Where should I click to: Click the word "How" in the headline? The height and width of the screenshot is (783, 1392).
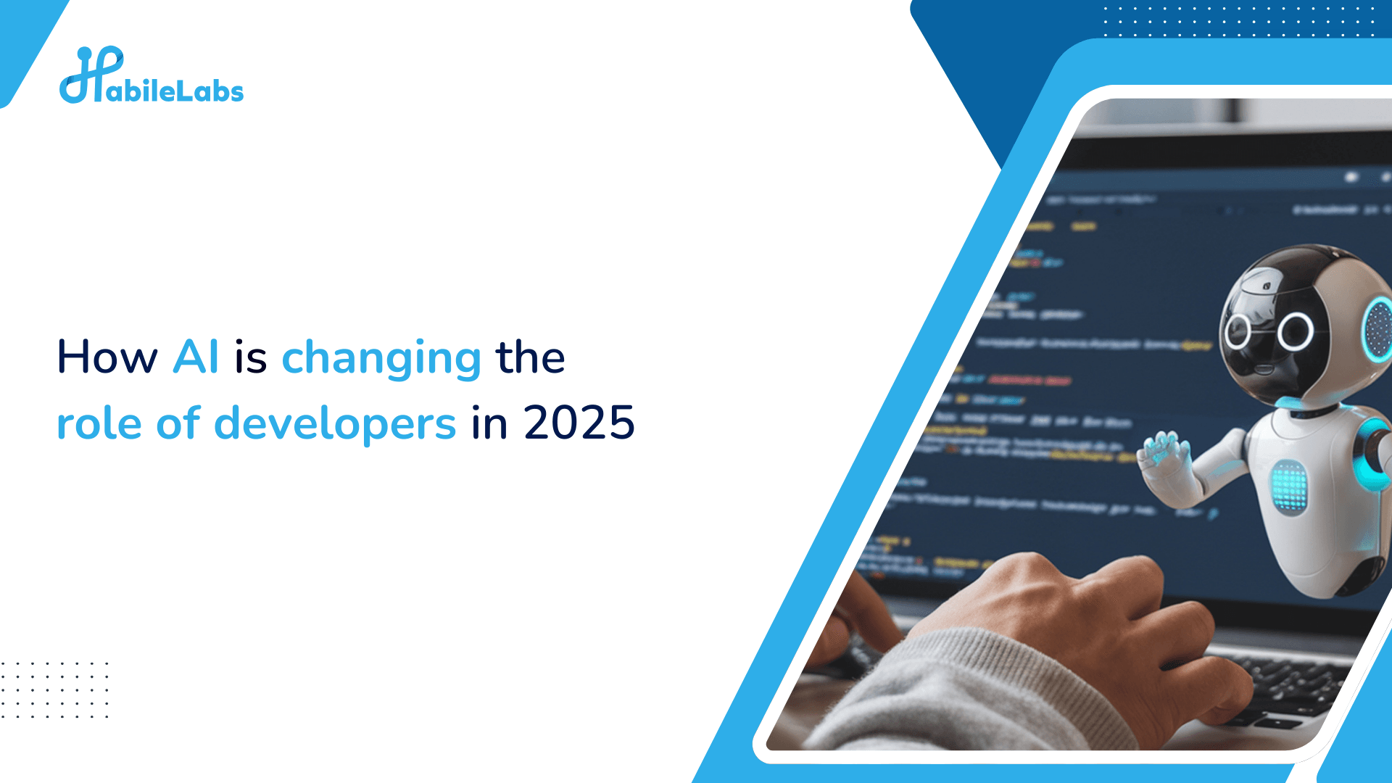click(x=107, y=357)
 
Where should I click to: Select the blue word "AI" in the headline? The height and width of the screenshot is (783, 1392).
click(x=196, y=357)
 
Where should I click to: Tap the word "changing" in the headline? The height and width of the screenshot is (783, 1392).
click(x=381, y=360)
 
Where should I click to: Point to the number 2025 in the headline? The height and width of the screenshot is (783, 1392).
click(x=579, y=423)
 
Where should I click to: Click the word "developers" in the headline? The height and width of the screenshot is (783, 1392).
click(x=335, y=425)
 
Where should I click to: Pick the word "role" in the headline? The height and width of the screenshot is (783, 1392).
click(x=99, y=423)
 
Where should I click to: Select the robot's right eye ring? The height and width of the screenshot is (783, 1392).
click(x=1296, y=332)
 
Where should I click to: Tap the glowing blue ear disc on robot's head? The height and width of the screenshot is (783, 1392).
click(x=1377, y=329)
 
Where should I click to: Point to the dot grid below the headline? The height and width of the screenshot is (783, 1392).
click(x=54, y=689)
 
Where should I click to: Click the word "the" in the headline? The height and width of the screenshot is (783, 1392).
click(x=530, y=357)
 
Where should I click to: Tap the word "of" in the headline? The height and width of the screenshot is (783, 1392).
click(x=178, y=423)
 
